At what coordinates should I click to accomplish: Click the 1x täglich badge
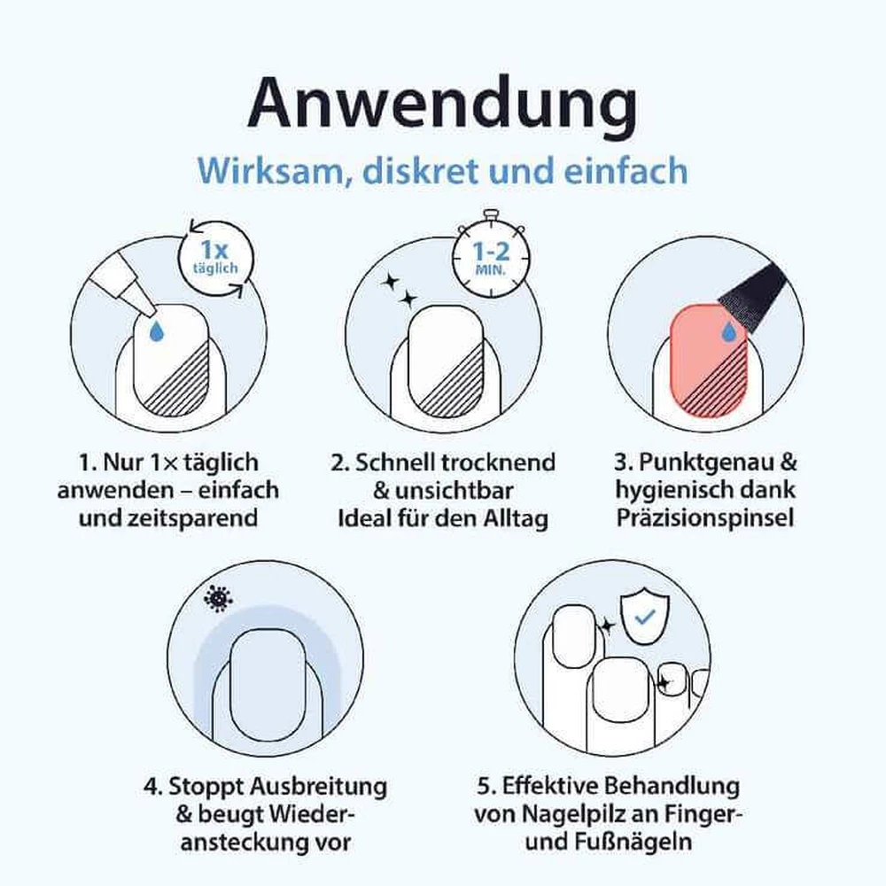(x=215, y=258)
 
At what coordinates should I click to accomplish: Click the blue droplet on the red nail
(x=729, y=332)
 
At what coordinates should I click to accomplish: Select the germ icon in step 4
(x=218, y=598)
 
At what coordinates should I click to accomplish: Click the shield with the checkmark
(x=645, y=618)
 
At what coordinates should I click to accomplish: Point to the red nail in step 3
(x=709, y=361)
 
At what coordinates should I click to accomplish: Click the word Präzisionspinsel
(x=705, y=518)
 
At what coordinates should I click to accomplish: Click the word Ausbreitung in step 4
(x=318, y=786)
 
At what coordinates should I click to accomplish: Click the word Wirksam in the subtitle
(x=270, y=171)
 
